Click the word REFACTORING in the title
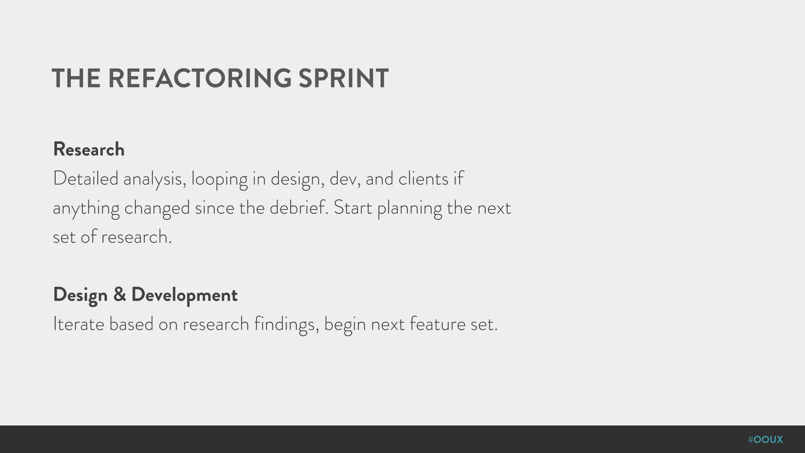pyautogui.click(x=200, y=78)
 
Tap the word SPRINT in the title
pyautogui.click(x=344, y=78)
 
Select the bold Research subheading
pyautogui.click(x=89, y=149)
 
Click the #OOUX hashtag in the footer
pyautogui.click(x=765, y=440)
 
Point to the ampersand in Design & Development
pyautogui.click(x=119, y=295)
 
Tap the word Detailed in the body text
pyautogui.click(x=86, y=179)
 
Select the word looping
pyautogui.click(x=219, y=179)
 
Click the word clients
pyautogui.click(x=423, y=179)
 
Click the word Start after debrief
pyautogui.click(x=353, y=208)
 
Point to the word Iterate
pyautogui.click(x=79, y=324)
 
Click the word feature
pyautogui.click(x=437, y=324)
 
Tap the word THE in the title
pyautogui.click(x=76, y=78)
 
